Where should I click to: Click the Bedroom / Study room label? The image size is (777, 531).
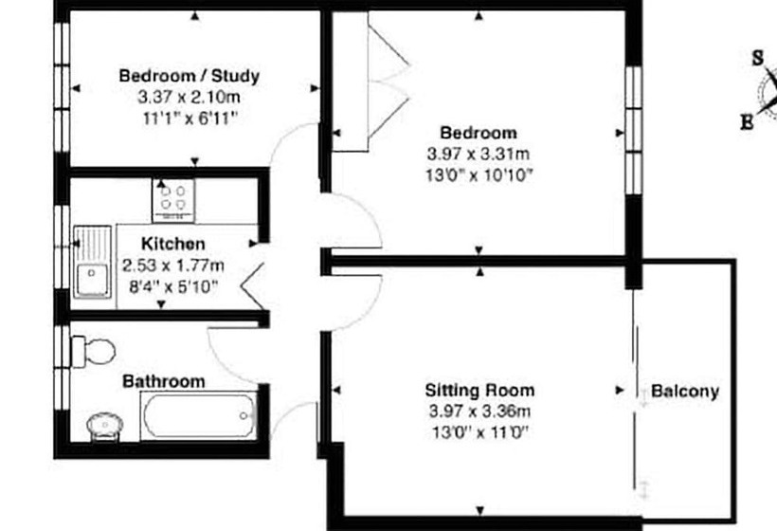(x=189, y=76)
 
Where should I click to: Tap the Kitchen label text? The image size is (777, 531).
(x=173, y=244)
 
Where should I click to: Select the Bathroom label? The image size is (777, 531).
(x=164, y=381)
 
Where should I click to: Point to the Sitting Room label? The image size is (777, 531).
(x=479, y=390)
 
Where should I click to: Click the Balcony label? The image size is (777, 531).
(x=684, y=391)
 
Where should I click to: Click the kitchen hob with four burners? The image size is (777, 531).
(x=172, y=199)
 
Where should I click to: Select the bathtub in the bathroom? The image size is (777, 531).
(x=198, y=414)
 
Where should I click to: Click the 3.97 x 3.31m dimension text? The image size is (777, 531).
(x=479, y=155)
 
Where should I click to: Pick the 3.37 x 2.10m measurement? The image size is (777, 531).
(x=189, y=97)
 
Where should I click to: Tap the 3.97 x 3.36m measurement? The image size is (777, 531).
(x=479, y=412)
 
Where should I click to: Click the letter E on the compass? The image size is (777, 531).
(x=748, y=120)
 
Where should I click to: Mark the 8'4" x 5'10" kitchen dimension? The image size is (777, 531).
(x=172, y=284)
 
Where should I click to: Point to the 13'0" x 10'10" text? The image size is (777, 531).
(x=479, y=175)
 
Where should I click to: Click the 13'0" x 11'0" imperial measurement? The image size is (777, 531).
(x=479, y=432)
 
